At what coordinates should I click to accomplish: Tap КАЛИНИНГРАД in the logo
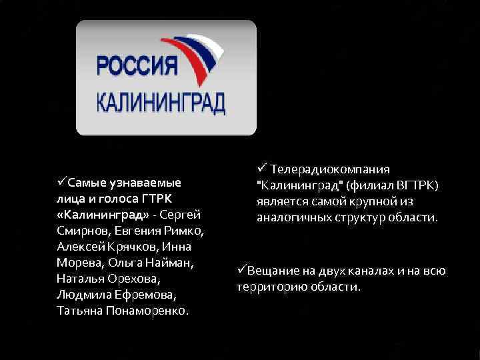coord(161,103)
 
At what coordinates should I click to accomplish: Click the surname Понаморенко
coord(148,311)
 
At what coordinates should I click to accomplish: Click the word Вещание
coord(273,271)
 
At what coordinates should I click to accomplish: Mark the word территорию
coord(269,287)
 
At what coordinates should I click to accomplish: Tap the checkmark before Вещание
coord(242,270)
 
